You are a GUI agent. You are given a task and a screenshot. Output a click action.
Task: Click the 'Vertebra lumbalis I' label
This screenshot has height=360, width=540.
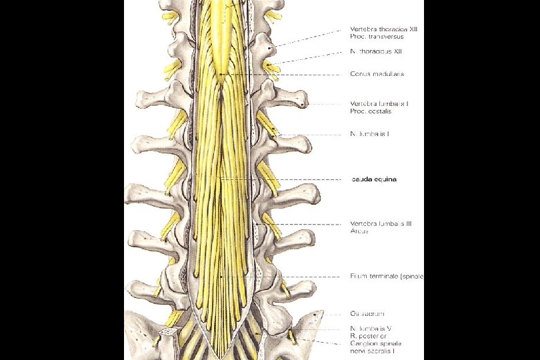[378, 103]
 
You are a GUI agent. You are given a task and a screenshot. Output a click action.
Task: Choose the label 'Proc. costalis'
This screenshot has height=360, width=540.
[370, 111]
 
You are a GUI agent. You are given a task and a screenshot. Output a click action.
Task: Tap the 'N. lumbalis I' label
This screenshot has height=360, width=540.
[370, 134]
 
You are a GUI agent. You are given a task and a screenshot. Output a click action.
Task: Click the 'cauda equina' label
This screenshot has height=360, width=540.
[373, 179]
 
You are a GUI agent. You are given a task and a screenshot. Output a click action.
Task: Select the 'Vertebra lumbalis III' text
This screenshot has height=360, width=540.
[381, 224]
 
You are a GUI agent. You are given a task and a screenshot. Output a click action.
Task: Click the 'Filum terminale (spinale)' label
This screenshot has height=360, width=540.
[387, 276]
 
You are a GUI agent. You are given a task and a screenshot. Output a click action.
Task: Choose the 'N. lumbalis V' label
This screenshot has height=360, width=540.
[372, 328]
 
